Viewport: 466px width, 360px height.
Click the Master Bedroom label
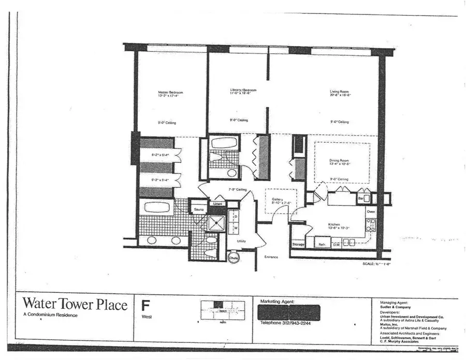170,93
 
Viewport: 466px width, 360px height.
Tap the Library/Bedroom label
243,91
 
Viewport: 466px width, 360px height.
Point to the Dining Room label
340,160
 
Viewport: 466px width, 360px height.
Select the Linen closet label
217,204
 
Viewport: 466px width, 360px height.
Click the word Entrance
271,257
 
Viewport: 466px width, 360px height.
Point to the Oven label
371,212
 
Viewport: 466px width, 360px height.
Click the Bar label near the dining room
360,198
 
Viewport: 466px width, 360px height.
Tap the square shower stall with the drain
214,223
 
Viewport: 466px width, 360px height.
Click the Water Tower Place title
75,305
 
